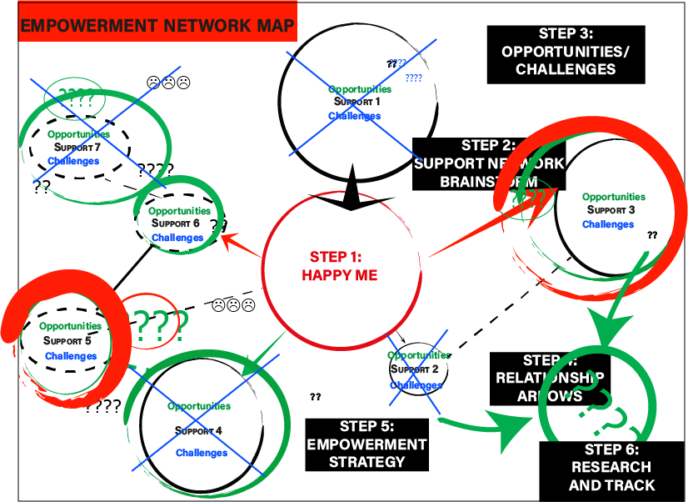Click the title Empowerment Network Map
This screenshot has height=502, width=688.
click(x=157, y=26)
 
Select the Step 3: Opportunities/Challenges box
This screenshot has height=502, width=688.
click(x=566, y=52)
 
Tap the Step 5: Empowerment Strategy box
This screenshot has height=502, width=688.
click(x=366, y=443)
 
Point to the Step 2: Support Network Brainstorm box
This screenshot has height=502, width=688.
click(x=490, y=163)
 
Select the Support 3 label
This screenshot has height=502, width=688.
click(x=611, y=210)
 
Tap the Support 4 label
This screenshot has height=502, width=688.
click(x=198, y=431)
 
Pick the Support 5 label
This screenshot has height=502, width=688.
click(x=66, y=340)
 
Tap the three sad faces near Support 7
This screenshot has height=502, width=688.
click(x=168, y=83)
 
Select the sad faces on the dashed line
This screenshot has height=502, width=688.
click(x=233, y=305)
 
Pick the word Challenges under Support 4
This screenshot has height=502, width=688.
click(x=201, y=453)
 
